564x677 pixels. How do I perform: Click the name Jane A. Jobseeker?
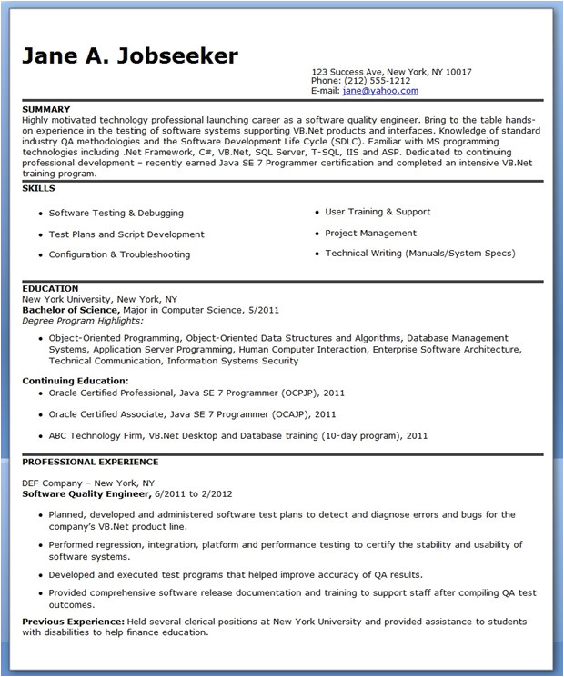point(130,55)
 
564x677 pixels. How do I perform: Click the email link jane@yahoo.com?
point(379,91)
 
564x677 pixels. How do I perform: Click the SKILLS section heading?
point(38,188)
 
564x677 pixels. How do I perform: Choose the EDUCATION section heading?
point(50,289)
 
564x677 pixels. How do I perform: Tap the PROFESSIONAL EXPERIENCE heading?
point(90,462)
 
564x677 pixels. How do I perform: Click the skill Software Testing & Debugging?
point(116,213)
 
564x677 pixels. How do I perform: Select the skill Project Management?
point(370,233)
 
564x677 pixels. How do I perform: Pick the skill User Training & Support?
point(378,212)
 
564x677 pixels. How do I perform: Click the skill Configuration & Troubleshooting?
point(119,254)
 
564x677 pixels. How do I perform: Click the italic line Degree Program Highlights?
point(83,320)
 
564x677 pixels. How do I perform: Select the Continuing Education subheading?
point(76,381)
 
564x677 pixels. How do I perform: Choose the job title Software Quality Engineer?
point(86,493)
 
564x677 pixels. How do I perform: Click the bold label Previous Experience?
point(73,622)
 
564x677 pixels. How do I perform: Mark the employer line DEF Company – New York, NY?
point(88,483)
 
